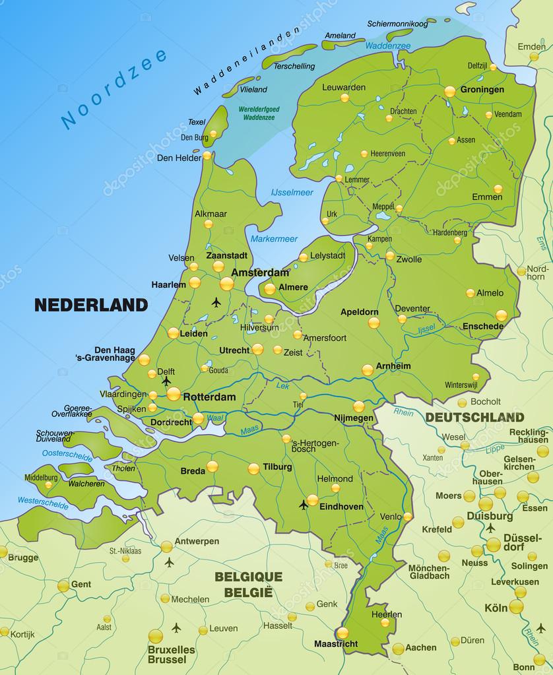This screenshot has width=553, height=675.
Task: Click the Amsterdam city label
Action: click(x=260, y=272)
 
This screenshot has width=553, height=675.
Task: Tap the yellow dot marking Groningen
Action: click(x=450, y=91)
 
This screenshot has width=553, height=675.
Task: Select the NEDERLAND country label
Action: click(x=90, y=305)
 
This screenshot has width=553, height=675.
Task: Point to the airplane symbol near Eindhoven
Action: click(x=303, y=505)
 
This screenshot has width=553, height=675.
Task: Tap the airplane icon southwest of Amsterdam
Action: click(x=216, y=302)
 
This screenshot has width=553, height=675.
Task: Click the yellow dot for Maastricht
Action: click(x=342, y=633)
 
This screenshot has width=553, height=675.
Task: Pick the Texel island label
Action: click(x=197, y=122)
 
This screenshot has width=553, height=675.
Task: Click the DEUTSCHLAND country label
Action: click(x=474, y=417)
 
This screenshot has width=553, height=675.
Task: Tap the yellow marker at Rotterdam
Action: click(x=174, y=394)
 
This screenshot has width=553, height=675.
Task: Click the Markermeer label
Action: click(x=274, y=239)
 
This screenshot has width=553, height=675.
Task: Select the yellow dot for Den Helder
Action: click(x=207, y=156)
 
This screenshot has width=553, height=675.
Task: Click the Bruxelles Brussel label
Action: click(x=172, y=654)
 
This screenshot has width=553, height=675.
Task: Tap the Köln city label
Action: click(x=496, y=607)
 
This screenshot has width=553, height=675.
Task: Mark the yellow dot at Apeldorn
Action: click(x=374, y=323)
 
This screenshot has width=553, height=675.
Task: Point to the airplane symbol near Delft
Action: click(x=166, y=381)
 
